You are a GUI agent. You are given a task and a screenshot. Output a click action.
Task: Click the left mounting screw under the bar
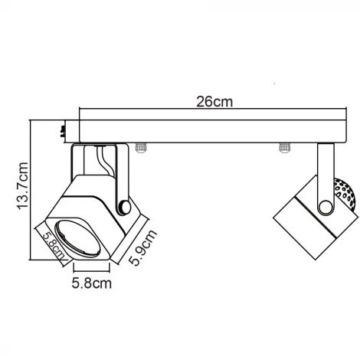pos(140,147)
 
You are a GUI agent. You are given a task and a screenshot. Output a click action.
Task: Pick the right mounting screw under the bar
pos(284,147)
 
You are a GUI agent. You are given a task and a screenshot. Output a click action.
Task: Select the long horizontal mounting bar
pos(207,130)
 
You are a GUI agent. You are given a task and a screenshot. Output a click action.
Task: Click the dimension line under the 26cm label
pos(207,110)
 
